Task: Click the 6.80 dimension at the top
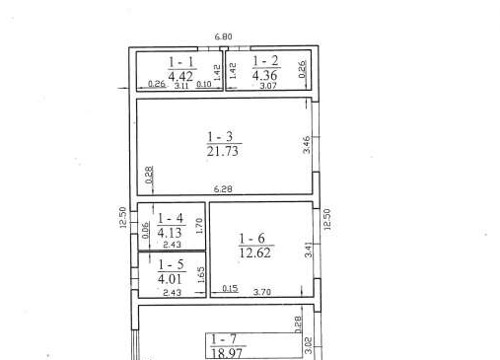(223, 36)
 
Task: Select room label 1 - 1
(181, 62)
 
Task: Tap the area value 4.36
(265, 75)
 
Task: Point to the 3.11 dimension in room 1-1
(181, 86)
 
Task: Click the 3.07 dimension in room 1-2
(268, 86)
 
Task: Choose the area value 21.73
(223, 151)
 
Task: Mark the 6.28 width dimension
(223, 189)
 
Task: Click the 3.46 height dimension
(306, 145)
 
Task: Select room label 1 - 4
(171, 218)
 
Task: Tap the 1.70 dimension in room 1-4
(199, 226)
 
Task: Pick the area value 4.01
(170, 279)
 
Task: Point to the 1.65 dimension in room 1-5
(201, 275)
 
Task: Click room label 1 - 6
(251, 239)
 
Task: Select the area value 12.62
(255, 252)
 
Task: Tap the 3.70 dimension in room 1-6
(262, 292)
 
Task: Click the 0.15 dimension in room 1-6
(230, 288)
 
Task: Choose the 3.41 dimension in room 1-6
(309, 250)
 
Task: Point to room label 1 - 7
(224, 339)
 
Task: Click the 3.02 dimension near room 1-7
(309, 345)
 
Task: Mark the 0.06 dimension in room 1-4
(145, 230)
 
